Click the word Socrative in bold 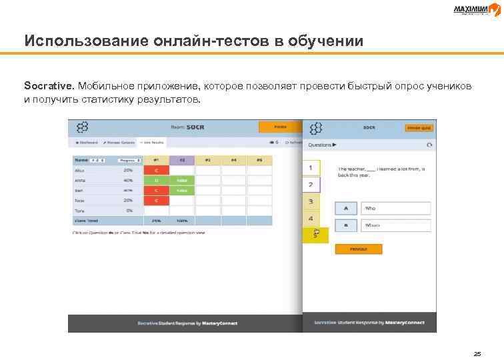(x=49, y=86)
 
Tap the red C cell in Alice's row (x=156, y=170)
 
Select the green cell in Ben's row (x=181, y=191)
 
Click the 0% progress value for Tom (x=129, y=210)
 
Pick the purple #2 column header (x=181, y=160)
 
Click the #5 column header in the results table (x=259, y=160)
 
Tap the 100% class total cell (x=181, y=220)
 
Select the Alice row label (x=80, y=170)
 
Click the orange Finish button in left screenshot (x=280, y=126)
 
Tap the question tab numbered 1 (x=311, y=167)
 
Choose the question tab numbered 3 (x=311, y=201)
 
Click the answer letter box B (x=345, y=225)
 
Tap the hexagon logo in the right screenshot (x=317, y=127)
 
